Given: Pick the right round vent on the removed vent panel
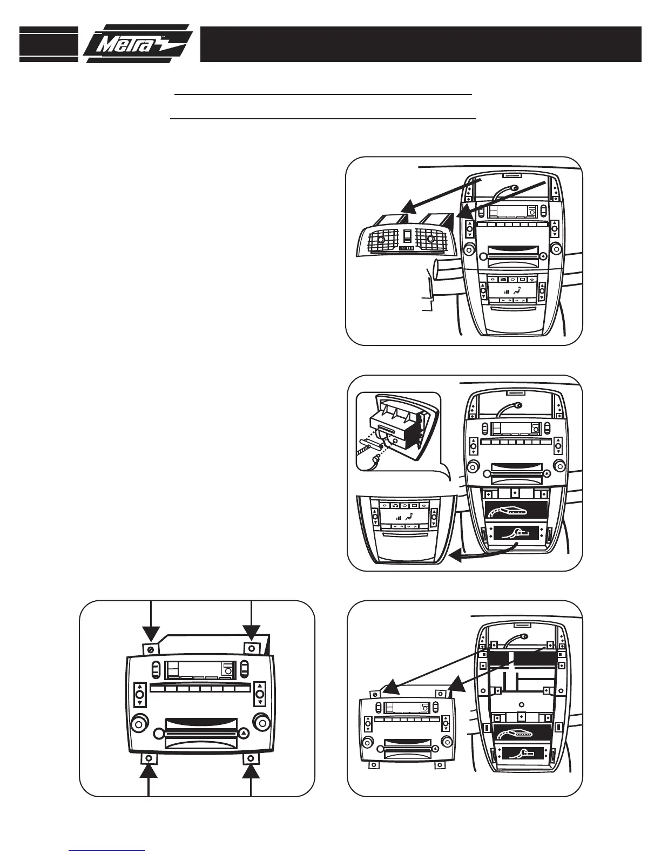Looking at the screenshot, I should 430,238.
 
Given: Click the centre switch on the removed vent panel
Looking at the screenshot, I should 407,236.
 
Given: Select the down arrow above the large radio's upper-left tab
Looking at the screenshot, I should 152,632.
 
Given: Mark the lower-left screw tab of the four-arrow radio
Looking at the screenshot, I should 149,759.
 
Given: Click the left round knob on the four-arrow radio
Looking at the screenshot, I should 138,721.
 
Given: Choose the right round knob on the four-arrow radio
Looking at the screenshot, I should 262,721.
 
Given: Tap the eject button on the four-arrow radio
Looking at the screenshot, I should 244,733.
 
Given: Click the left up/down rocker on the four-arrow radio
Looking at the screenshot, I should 139,694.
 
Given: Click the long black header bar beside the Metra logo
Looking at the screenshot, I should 421,44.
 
